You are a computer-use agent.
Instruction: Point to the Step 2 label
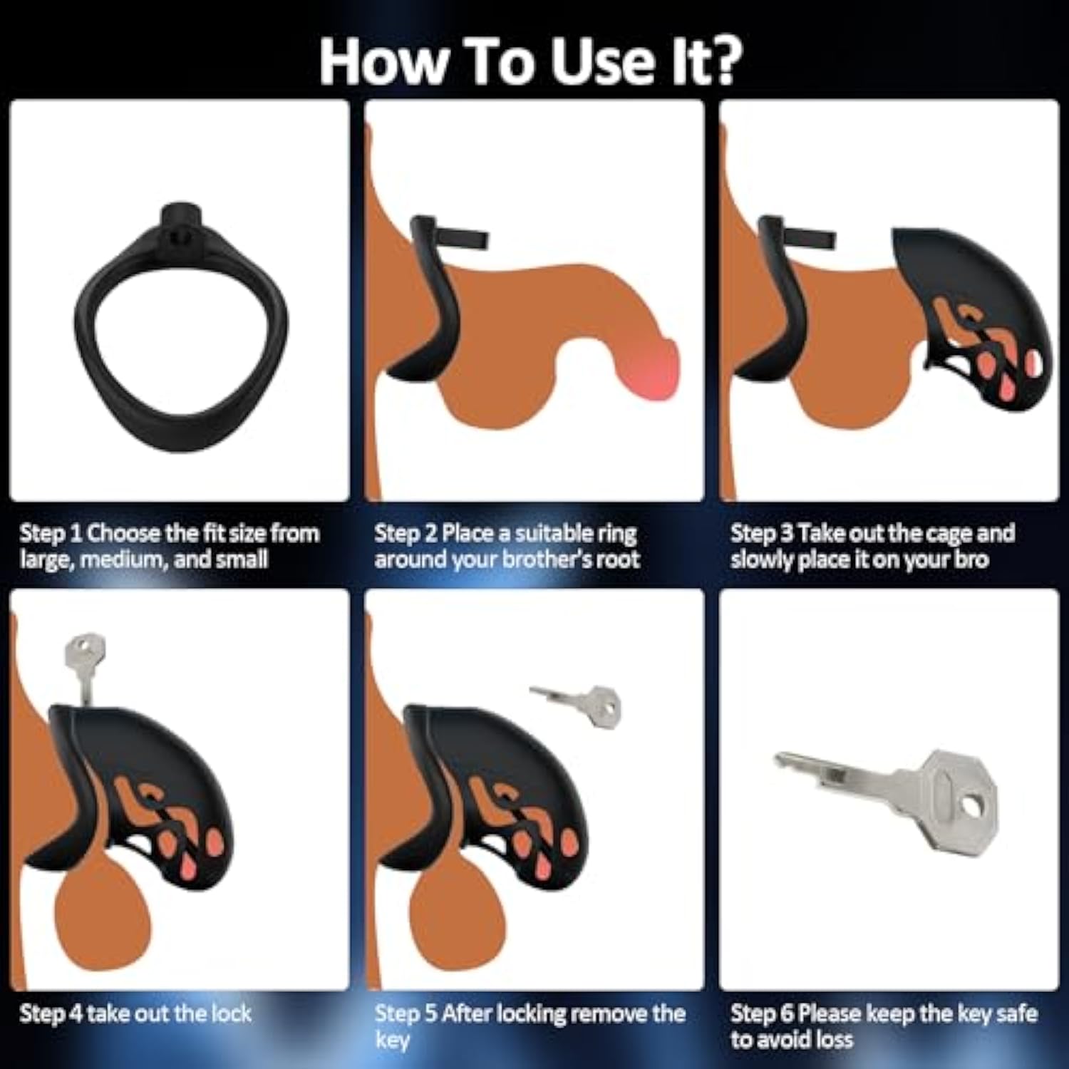tap(405, 534)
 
